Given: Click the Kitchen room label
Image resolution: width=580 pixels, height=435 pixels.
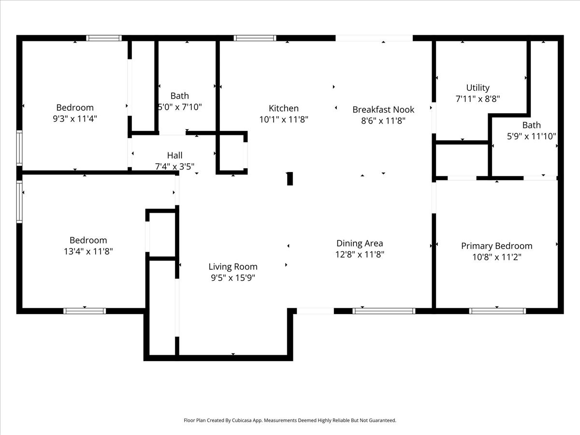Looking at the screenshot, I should tap(284, 108).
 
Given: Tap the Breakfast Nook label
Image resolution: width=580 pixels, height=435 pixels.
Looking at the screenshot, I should tap(383, 110).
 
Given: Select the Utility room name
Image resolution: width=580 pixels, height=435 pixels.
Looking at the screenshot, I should tap(478, 87).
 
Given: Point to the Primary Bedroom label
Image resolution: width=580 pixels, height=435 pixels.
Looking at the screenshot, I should tap(496, 246).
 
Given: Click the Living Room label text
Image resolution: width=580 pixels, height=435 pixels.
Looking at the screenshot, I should tap(233, 266).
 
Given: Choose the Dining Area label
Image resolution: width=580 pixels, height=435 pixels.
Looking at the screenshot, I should tap(360, 243).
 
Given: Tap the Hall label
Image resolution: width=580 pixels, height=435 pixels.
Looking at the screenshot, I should tap(174, 155).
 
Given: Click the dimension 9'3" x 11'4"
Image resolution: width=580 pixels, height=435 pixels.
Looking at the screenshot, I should tap(75, 118).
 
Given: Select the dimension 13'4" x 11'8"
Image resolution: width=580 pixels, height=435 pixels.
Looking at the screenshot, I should tap(88, 251).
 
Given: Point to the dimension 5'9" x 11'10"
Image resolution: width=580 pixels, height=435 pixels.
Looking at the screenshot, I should tap(531, 136).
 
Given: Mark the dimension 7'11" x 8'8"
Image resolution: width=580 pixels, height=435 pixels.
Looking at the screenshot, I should tap(478, 99).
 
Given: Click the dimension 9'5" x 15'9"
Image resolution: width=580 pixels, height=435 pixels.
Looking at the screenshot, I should tap(233, 277).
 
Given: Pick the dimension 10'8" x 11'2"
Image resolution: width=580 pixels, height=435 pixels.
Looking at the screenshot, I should tap(496, 257).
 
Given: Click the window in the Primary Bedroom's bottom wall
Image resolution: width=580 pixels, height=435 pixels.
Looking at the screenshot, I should tap(497, 311).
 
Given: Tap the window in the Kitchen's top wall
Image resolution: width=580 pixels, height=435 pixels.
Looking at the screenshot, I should tap(255, 38).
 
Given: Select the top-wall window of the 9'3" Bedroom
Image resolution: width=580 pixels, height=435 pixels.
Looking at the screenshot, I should tap(103, 38).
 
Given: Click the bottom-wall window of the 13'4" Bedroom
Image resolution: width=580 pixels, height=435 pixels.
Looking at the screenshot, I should tap(85, 311).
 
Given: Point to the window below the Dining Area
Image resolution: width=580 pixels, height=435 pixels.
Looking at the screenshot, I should tap(384, 311).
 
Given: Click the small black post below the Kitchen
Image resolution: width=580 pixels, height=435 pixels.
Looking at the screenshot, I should tap(290, 178).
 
